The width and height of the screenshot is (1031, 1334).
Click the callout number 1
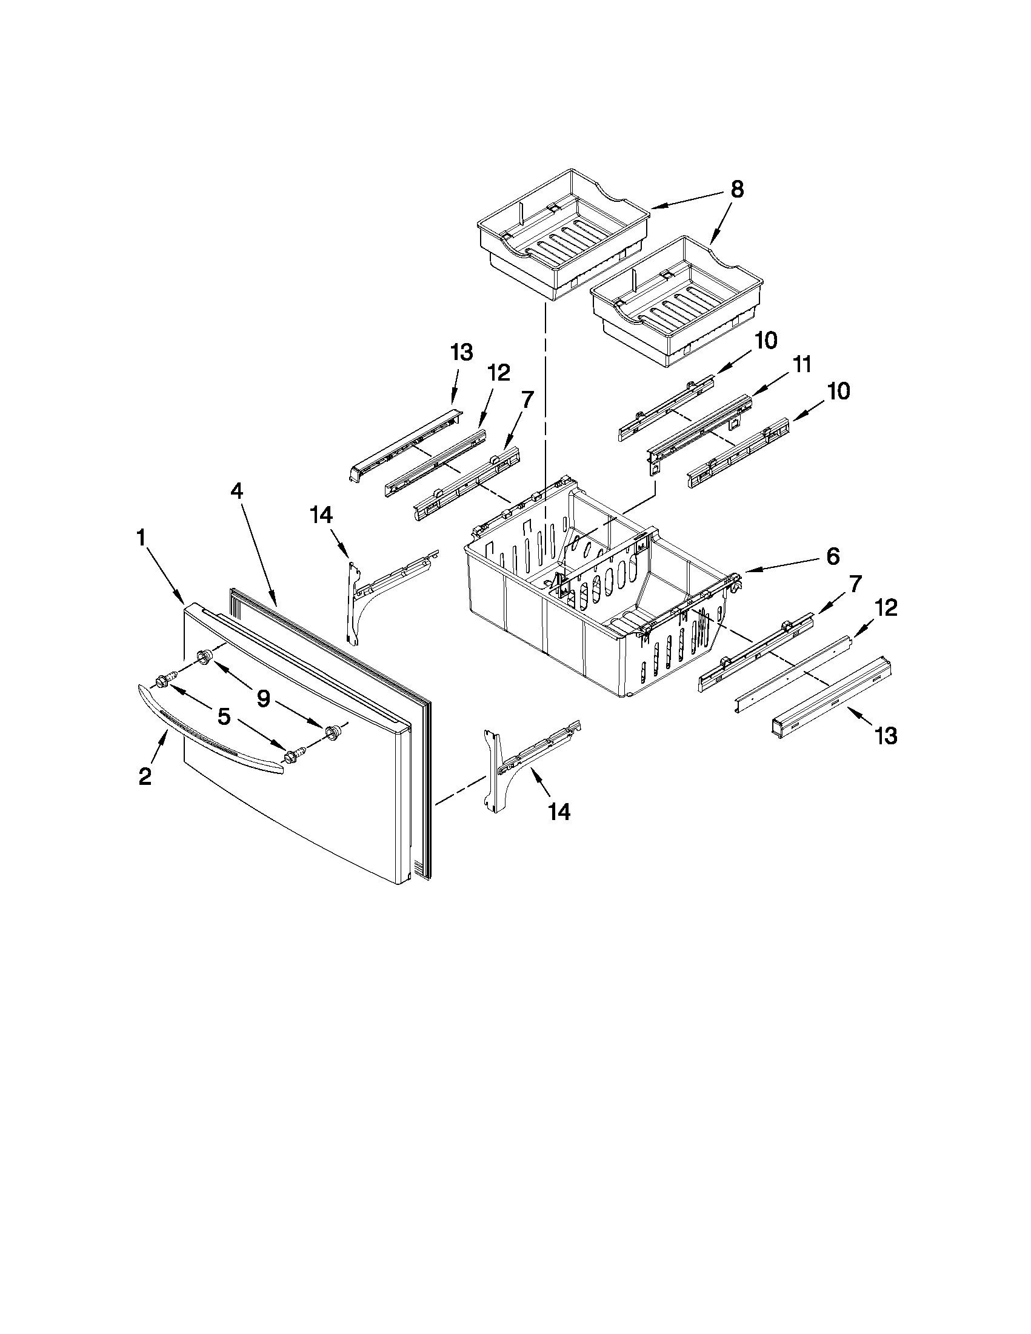141,538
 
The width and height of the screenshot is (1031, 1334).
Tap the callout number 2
145,776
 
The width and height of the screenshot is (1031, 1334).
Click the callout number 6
832,555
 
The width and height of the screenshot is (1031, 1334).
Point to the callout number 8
737,190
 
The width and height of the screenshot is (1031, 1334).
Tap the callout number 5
224,716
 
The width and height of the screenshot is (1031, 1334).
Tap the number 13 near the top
461,352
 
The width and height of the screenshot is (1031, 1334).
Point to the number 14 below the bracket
559,811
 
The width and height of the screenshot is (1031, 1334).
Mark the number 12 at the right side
886,608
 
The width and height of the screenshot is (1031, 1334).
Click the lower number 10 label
839,391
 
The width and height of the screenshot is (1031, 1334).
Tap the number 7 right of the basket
854,584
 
